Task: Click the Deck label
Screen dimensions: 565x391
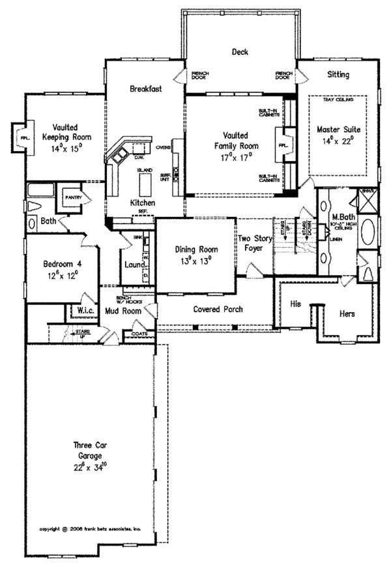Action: coord(240,51)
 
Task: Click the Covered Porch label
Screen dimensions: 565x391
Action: coord(214,309)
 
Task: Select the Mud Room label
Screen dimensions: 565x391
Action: coord(123,311)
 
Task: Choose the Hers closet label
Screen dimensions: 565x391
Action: coord(347,313)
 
